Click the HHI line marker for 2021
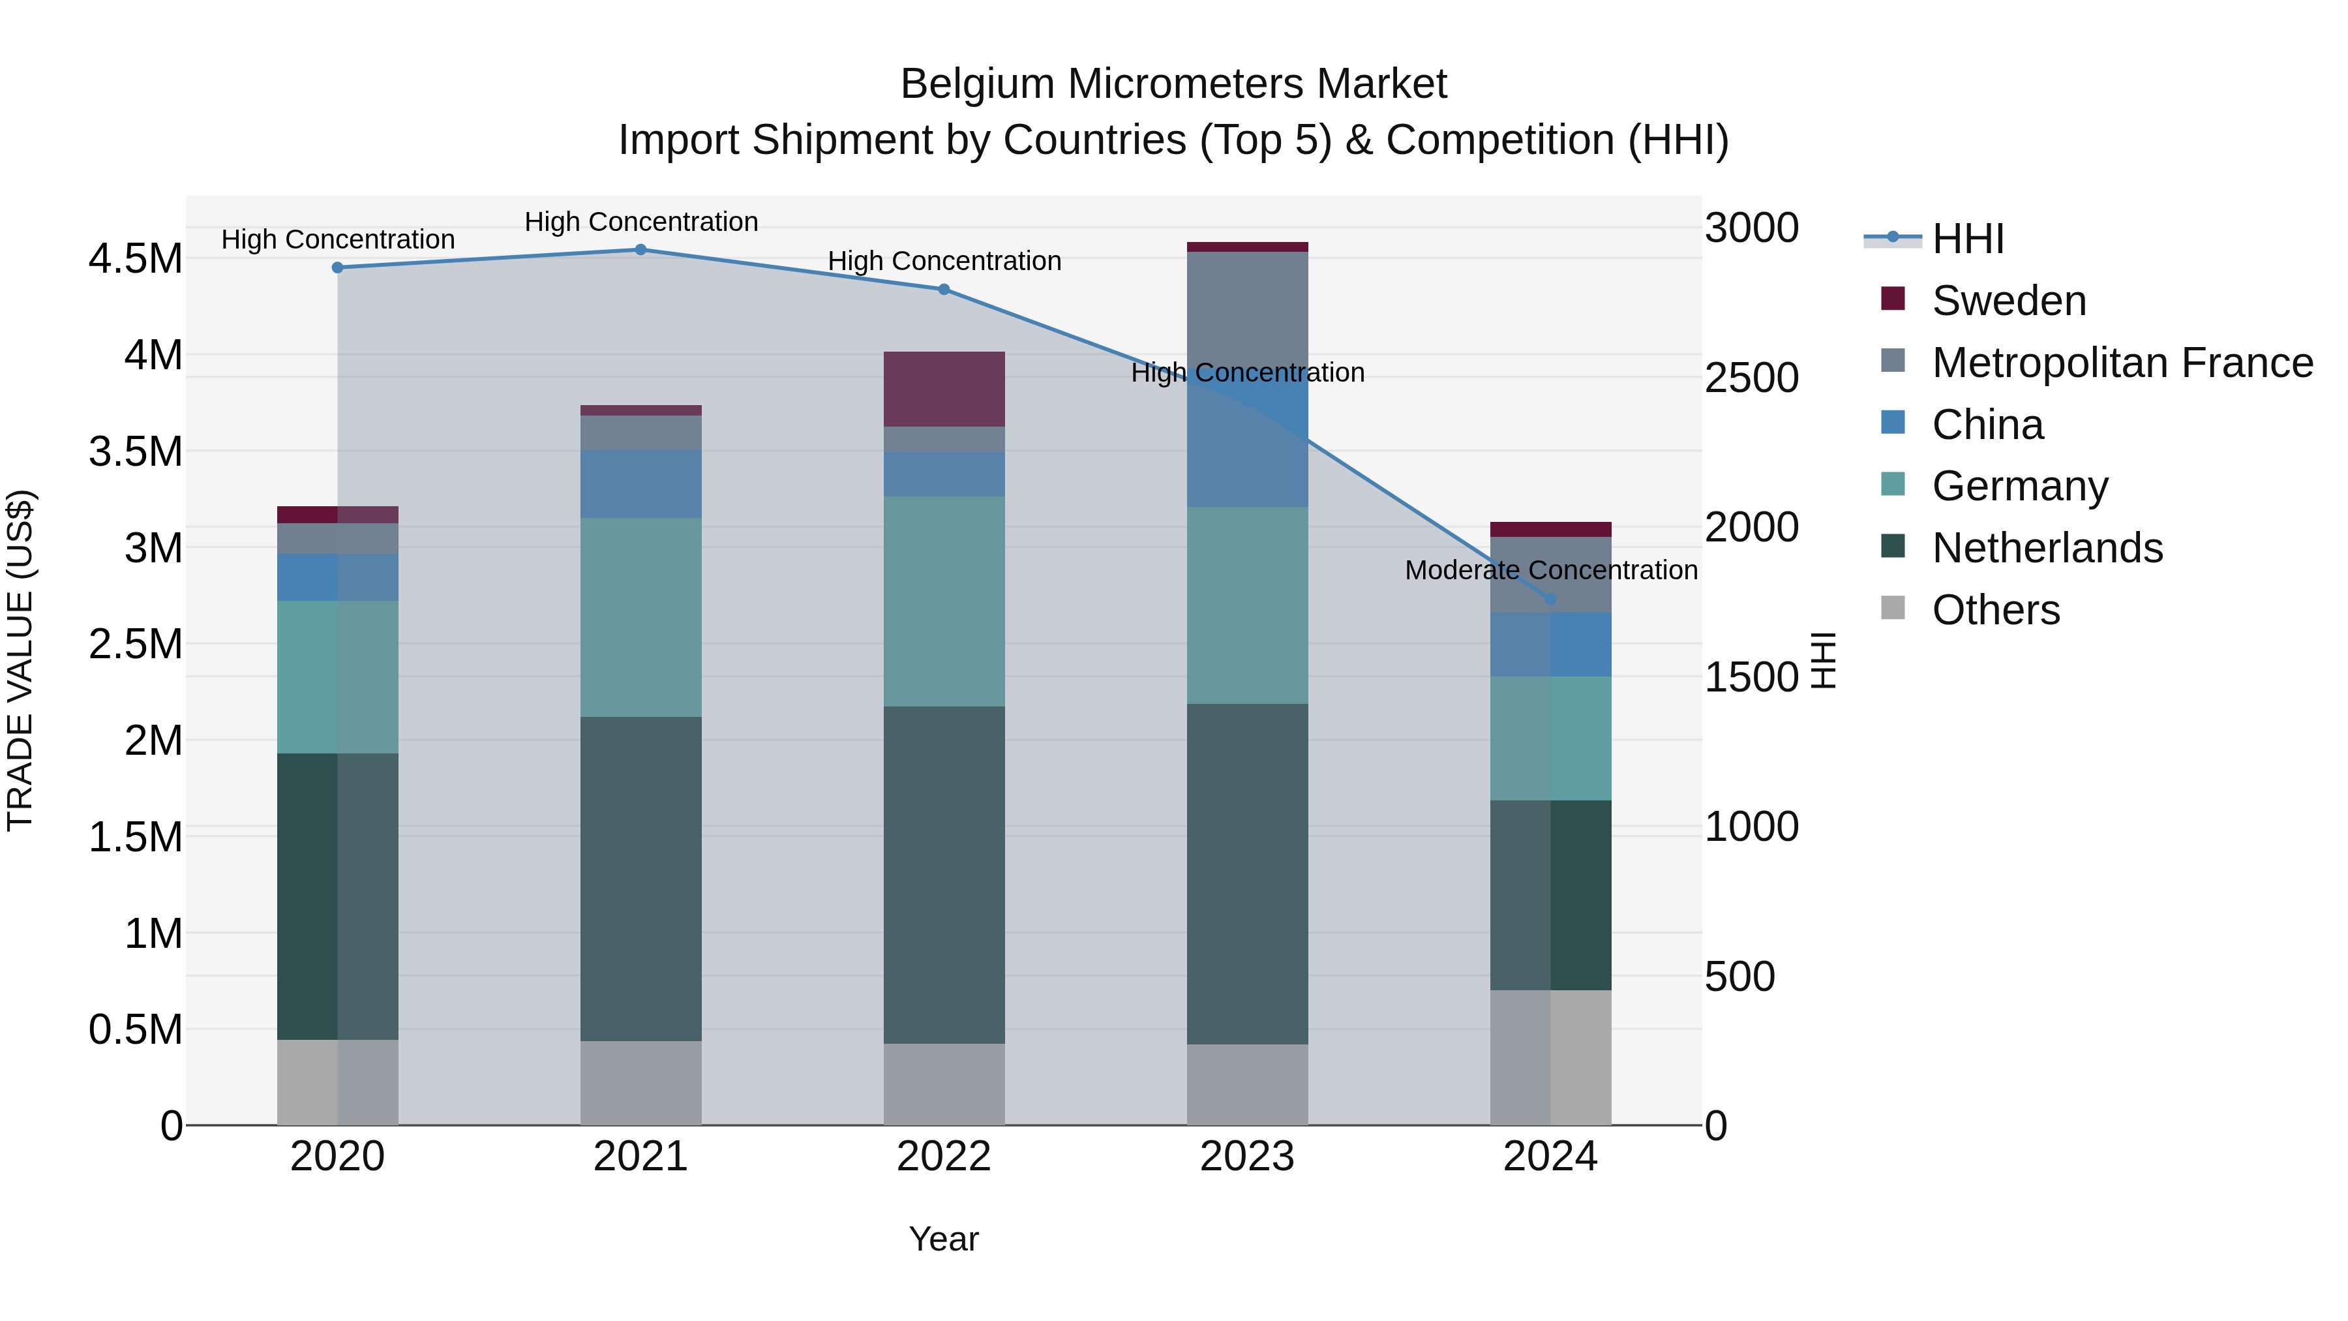coord(640,250)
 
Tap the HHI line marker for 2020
coord(337,268)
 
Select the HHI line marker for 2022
coord(944,290)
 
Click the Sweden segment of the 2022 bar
coord(944,389)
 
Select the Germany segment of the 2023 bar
coord(1247,605)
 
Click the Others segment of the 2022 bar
coord(944,1085)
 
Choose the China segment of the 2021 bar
coord(640,483)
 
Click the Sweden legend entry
coord(2008,301)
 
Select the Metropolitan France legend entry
coord(2122,363)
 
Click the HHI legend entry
coord(1967,239)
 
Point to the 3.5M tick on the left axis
coord(136,452)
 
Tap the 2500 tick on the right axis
coord(1752,378)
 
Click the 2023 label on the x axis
coord(1247,1157)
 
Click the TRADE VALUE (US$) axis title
coord(20,660)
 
